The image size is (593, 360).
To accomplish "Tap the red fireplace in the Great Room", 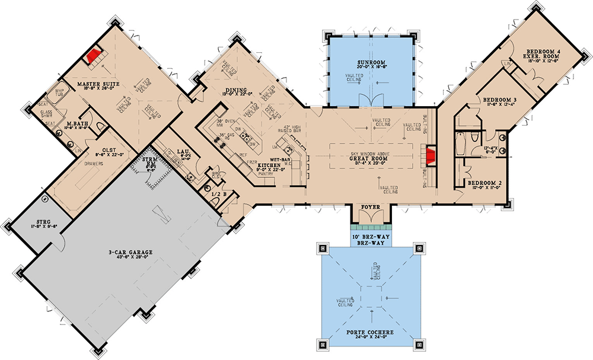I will [x=430, y=157].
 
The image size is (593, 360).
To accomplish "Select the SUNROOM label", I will [x=371, y=62].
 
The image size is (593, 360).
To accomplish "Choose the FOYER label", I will [x=371, y=208].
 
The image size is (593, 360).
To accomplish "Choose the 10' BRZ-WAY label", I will [x=371, y=236].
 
